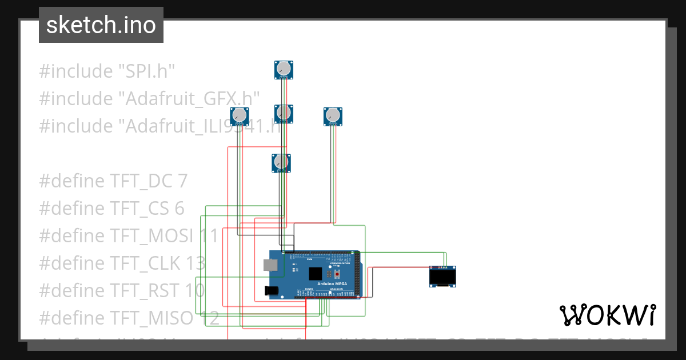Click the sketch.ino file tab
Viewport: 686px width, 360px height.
[x=101, y=25]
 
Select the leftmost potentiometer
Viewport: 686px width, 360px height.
[x=240, y=116]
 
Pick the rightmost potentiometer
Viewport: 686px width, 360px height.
[x=333, y=116]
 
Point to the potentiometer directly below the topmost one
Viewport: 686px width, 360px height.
[x=284, y=113]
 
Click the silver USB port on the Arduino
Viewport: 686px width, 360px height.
[x=269, y=265]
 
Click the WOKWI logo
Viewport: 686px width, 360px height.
[x=607, y=315]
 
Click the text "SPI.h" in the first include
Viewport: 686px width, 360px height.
[x=146, y=71]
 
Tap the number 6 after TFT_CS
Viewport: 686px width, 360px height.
[x=180, y=209]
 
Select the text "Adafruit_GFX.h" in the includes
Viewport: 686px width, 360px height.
[x=189, y=99]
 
